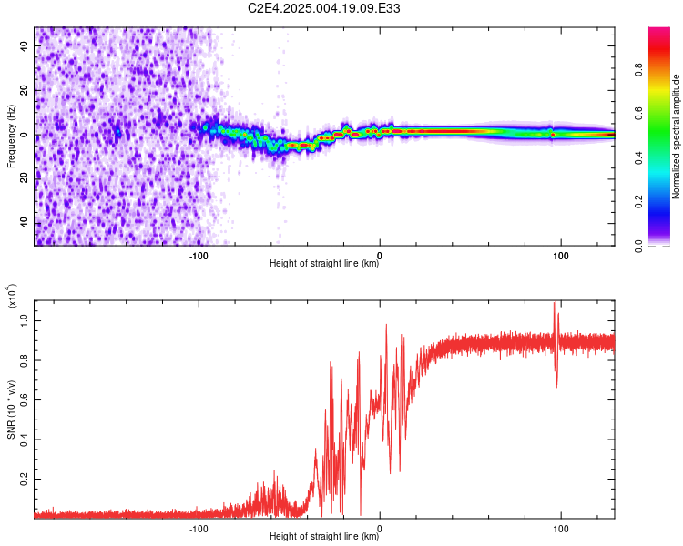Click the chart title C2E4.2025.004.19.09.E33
(x=323, y=8)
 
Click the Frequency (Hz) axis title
(x=11, y=136)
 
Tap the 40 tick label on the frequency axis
(x=25, y=46)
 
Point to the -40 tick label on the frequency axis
(x=25, y=222)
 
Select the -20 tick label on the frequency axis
(x=25, y=178)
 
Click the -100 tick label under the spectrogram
(x=199, y=256)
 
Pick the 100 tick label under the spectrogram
(x=561, y=256)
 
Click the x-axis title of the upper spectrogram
(x=324, y=263)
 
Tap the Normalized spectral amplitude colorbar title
(x=676, y=136)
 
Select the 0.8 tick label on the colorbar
(x=638, y=70)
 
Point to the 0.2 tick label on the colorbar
(x=638, y=202)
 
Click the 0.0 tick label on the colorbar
(x=638, y=246)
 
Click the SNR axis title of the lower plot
(x=11, y=409)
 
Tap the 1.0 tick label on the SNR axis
(x=25, y=321)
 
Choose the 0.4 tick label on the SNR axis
(x=25, y=440)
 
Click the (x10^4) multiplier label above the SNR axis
(x=11, y=295)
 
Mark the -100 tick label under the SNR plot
(x=199, y=529)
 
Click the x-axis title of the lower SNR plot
(x=324, y=536)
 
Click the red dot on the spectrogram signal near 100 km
(x=553, y=135)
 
